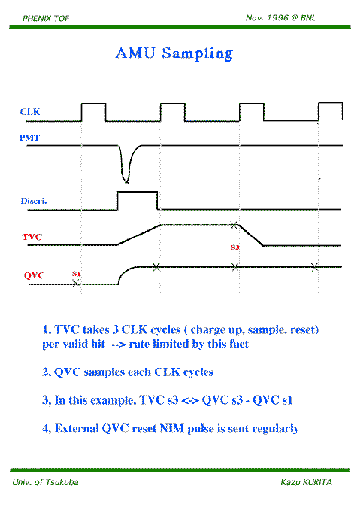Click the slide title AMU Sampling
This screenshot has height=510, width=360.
point(174,53)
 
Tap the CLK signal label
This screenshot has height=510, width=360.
point(30,112)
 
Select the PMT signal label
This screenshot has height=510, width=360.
point(29,138)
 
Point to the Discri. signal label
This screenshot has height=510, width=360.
point(34,201)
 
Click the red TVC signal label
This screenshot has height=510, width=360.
point(32,237)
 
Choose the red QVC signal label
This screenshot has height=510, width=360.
point(34,275)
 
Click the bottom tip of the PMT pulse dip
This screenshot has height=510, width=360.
point(126,182)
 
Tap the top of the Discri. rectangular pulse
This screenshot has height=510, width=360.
point(138,192)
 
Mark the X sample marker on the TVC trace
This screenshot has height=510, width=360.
point(234,225)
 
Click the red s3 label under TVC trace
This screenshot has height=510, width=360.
point(235,247)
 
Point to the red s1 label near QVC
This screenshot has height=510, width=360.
point(76,274)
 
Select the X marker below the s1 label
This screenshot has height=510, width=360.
point(76,283)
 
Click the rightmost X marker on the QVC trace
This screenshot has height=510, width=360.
point(314,267)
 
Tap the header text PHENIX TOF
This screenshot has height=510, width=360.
point(46,18)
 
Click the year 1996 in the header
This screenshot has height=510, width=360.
point(277,18)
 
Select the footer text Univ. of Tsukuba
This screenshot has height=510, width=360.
point(46,482)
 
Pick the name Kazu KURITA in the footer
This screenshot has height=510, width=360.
point(307,482)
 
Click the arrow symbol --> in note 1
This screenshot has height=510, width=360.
point(118,344)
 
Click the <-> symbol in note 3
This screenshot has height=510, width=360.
point(189,400)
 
